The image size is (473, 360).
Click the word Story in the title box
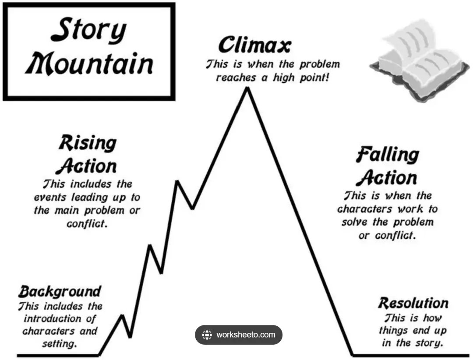[88, 30]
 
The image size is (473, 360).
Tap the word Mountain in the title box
[89, 64]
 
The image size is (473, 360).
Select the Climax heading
[255, 45]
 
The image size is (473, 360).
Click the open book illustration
[419, 60]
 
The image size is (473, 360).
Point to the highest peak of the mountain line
[247, 88]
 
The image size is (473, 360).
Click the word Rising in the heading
[88, 144]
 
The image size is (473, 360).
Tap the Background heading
[60, 292]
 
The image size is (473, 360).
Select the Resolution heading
[413, 303]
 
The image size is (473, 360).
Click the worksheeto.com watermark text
[246, 335]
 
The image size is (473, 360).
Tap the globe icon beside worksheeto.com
[207, 335]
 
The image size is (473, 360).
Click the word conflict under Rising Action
[87, 224]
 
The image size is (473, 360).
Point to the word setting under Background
[60, 344]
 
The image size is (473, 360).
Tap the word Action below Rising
[86, 166]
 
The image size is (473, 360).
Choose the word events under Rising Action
[50, 198]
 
